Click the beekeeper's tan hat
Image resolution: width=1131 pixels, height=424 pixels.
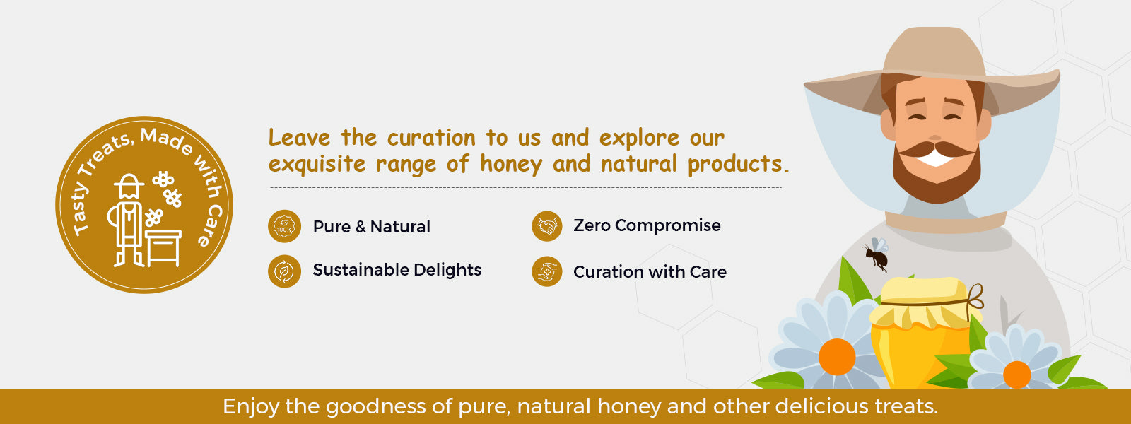click(932, 71)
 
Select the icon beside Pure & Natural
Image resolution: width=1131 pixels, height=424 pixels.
click(284, 227)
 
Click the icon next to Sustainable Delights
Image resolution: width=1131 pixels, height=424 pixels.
click(284, 271)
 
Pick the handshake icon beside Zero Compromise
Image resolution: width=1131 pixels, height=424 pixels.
click(547, 225)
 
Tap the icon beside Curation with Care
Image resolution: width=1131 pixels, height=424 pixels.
click(547, 271)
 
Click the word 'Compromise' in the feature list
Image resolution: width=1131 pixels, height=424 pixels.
click(667, 225)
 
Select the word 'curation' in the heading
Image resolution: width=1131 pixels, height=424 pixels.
click(431, 138)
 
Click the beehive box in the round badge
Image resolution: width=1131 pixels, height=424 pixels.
click(163, 248)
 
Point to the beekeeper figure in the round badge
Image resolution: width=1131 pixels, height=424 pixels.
click(127, 220)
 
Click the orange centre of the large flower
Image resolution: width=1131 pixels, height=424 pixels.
click(837, 356)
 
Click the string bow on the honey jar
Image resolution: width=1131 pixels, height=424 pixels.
click(975, 296)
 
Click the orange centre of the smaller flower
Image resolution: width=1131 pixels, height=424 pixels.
click(1017, 374)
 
